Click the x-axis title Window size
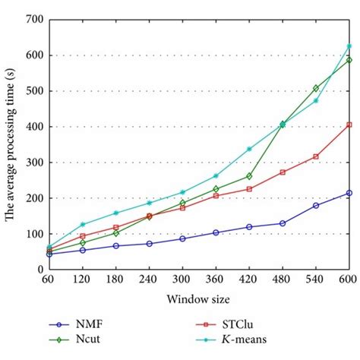(198, 300)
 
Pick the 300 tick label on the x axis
(182, 280)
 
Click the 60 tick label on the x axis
(49, 280)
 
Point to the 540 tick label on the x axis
(315, 280)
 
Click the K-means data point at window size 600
(349, 46)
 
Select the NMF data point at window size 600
(349, 193)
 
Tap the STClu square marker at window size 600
(349, 125)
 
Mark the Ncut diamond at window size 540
(316, 88)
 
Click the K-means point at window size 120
(82, 224)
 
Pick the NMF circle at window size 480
(283, 223)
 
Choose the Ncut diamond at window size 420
(249, 176)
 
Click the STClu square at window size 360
(216, 195)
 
